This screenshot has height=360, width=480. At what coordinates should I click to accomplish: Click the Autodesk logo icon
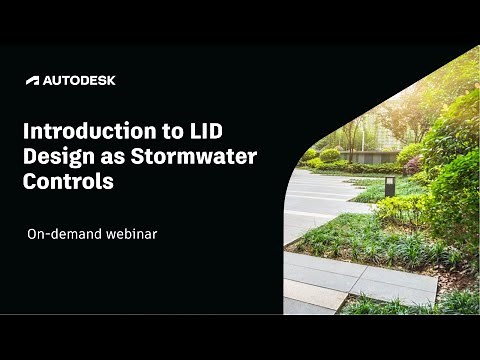click(32, 80)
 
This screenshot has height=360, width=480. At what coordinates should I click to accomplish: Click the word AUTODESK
click(79, 80)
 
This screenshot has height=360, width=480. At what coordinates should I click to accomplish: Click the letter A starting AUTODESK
click(49, 80)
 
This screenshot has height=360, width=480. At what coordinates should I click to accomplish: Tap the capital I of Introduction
click(26, 133)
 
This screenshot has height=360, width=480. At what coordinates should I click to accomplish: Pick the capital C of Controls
click(31, 183)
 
